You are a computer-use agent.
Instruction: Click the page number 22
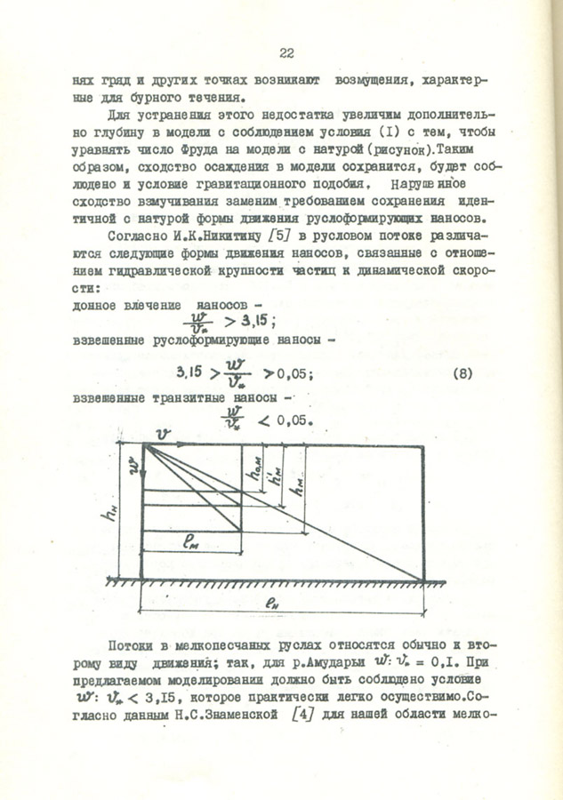(286, 52)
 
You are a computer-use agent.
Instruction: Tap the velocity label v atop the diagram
(162, 433)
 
